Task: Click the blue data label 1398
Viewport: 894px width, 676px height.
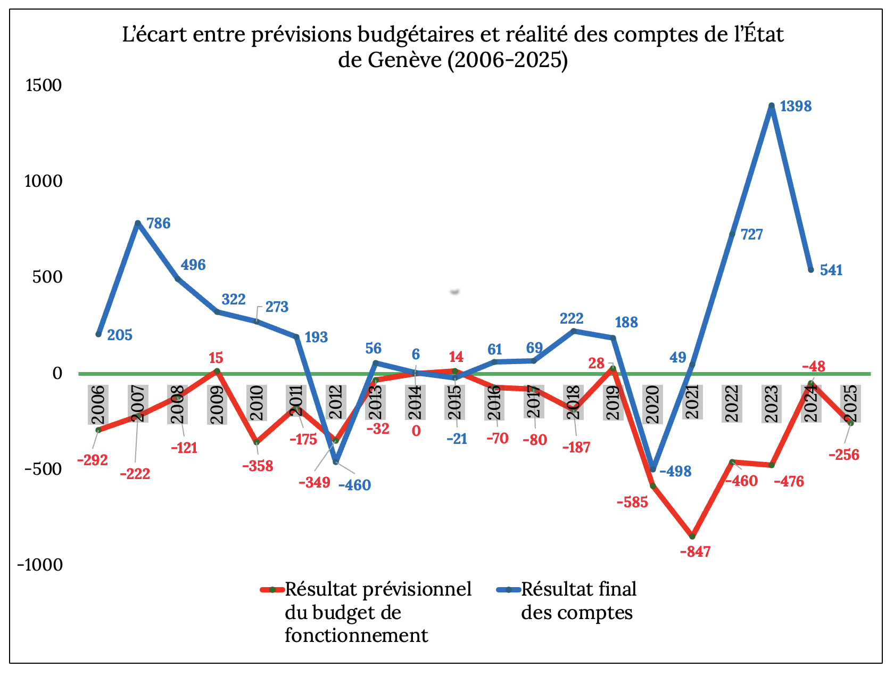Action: click(x=796, y=106)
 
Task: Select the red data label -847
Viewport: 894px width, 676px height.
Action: click(x=695, y=551)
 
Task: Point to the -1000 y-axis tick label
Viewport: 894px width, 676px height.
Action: click(x=40, y=565)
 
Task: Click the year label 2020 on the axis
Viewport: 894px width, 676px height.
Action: click(x=652, y=404)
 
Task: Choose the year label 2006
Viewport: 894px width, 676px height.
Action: click(x=98, y=405)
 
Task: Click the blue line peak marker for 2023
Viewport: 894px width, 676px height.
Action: click(x=772, y=106)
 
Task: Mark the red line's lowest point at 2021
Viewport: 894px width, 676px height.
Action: click(x=692, y=536)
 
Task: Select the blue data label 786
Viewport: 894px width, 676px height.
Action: click(x=159, y=224)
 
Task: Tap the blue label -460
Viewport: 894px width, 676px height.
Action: click(x=354, y=485)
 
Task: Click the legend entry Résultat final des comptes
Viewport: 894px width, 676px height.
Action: click(x=578, y=601)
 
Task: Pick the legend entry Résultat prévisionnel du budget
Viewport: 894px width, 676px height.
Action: click(x=378, y=612)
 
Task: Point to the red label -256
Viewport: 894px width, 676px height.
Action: click(x=844, y=455)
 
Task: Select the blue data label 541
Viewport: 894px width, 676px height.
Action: click(x=831, y=270)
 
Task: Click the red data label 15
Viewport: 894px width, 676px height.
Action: click(x=216, y=358)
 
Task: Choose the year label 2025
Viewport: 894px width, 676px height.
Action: click(x=850, y=404)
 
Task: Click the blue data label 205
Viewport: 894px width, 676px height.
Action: click(x=120, y=335)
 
